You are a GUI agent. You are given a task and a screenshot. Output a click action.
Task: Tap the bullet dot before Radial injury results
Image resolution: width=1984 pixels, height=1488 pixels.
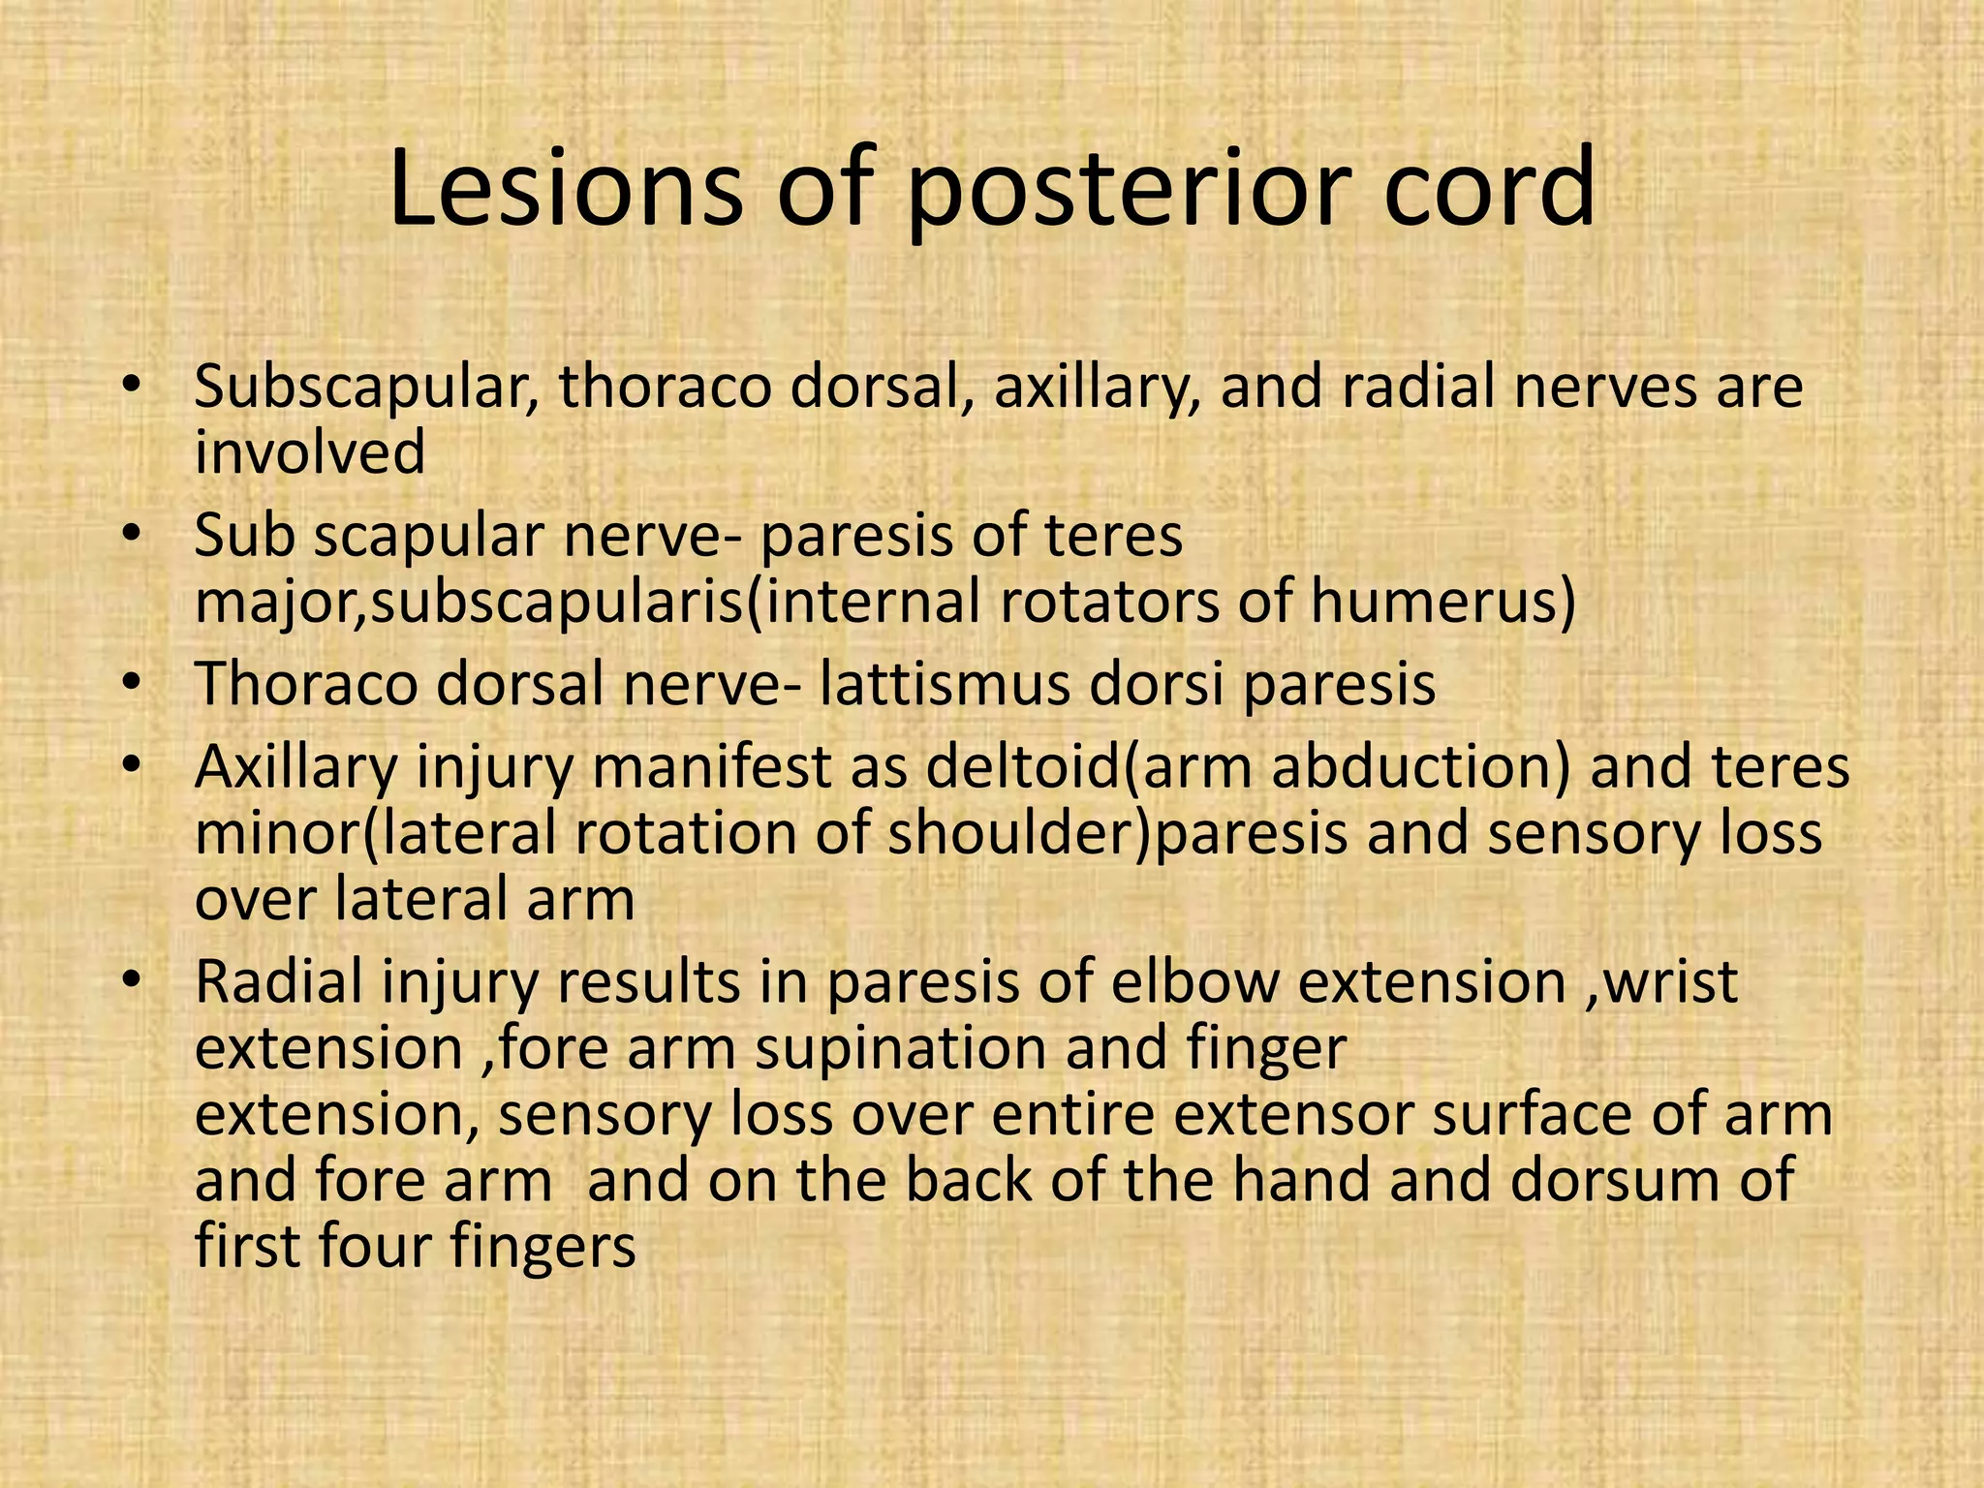(133, 981)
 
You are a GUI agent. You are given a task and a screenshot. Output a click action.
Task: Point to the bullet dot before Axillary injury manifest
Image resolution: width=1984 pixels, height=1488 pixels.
(133, 766)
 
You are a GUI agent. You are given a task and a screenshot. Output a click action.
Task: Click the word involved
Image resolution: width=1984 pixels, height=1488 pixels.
(310, 452)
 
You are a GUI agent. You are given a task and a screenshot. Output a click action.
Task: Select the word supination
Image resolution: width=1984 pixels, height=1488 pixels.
(902, 1048)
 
